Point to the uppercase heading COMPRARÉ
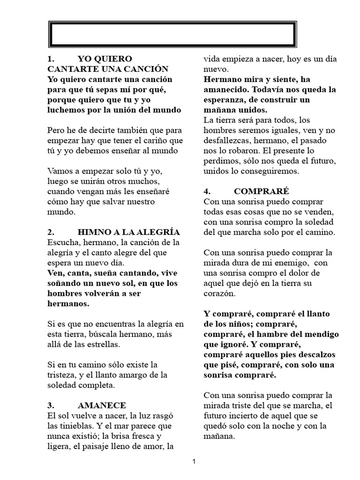[x=262, y=191]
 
